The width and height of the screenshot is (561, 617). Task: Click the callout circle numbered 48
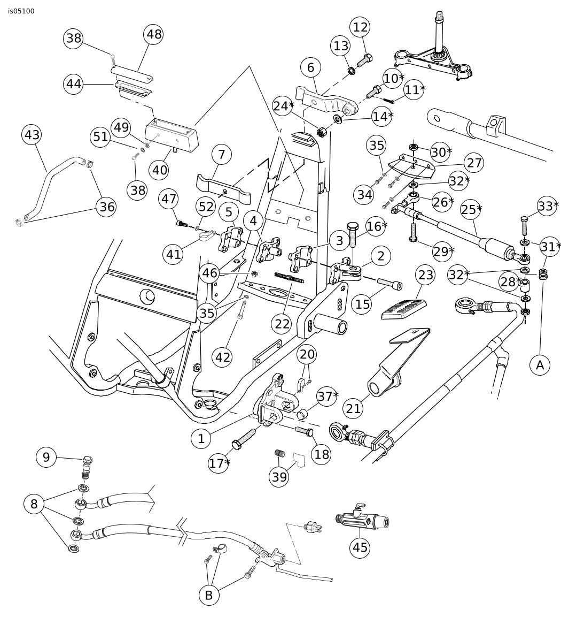coord(154,35)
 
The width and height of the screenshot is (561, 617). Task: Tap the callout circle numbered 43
coord(32,135)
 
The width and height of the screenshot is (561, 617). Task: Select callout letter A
coord(540,365)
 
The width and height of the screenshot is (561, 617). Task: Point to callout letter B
coord(209,595)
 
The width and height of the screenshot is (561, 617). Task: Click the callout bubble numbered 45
coord(360,547)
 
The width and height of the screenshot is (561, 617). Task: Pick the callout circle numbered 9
coord(46,457)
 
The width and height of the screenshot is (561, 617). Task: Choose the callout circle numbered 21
coord(354,408)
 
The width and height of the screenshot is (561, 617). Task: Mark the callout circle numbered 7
coord(222,155)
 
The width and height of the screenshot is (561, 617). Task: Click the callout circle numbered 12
coord(361,27)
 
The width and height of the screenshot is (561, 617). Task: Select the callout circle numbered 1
coord(201,439)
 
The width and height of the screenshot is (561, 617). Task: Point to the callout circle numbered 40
coord(160,170)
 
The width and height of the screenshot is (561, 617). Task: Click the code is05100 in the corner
coord(21,11)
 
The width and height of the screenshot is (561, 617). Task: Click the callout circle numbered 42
coord(223,356)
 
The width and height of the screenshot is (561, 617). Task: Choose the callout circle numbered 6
coord(310,67)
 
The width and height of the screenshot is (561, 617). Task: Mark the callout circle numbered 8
coord(34,504)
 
